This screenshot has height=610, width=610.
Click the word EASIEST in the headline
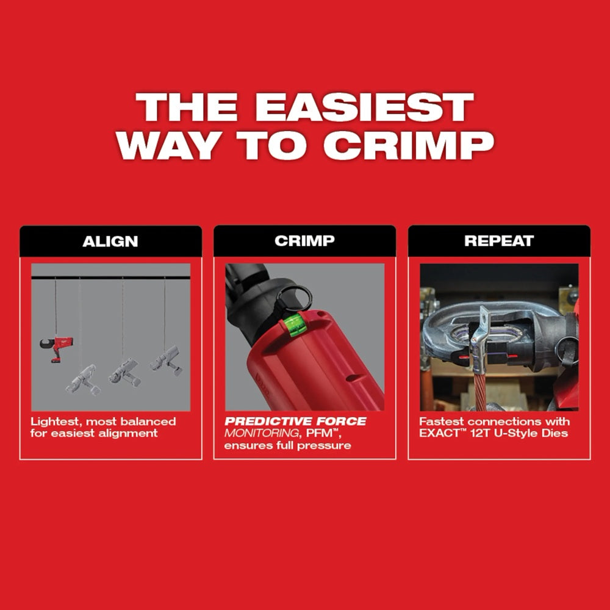coord(364,108)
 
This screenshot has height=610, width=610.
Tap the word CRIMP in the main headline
coord(407,145)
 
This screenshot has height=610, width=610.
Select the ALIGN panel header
coord(110,241)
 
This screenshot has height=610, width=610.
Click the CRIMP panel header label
coord(304,241)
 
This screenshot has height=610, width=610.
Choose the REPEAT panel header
coord(499,241)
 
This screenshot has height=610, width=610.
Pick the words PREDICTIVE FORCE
coord(295,422)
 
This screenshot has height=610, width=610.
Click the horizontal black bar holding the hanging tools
coord(110,278)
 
